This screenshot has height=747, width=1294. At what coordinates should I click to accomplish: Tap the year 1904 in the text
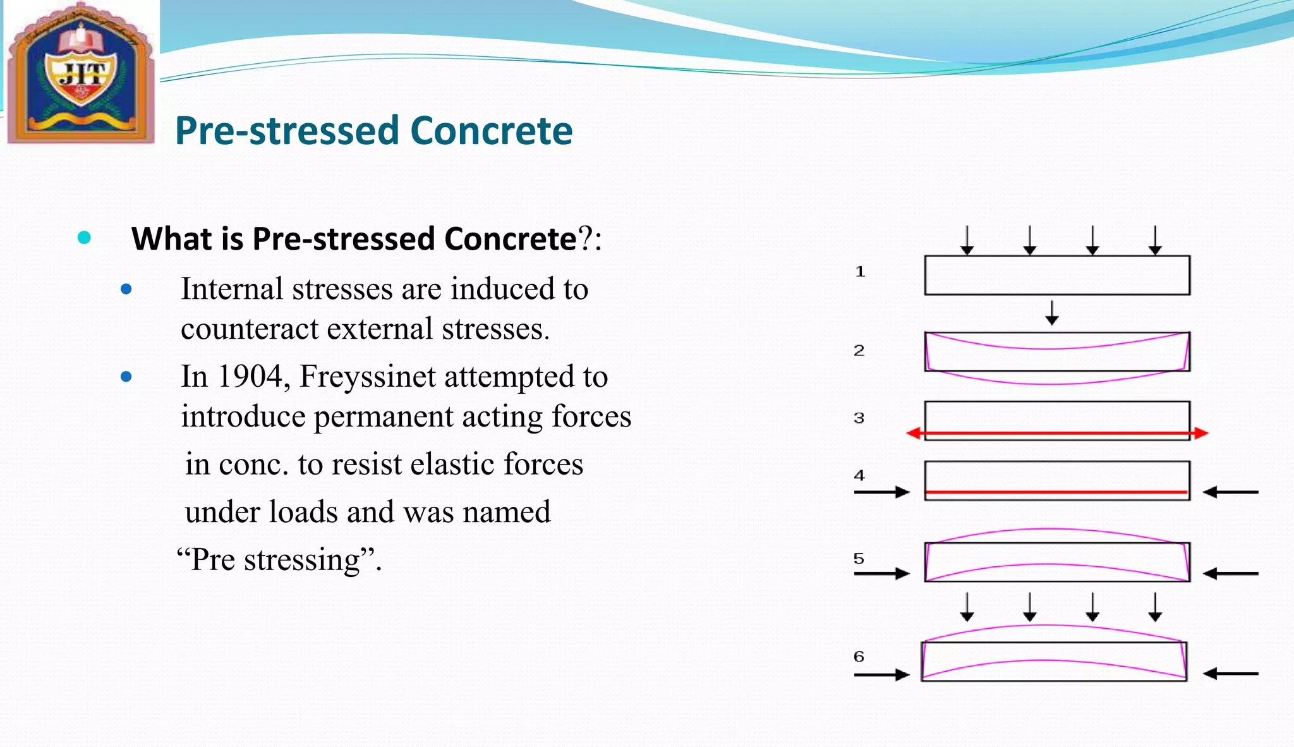pos(250,377)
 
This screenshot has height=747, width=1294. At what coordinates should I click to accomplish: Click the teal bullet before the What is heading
pos(84,238)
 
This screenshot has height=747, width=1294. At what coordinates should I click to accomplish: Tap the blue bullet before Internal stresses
pos(126,289)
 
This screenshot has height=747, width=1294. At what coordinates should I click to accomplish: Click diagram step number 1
pos(859,272)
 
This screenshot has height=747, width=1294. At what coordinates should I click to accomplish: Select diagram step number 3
pos(859,418)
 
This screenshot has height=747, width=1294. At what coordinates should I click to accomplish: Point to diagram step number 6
pos(859,657)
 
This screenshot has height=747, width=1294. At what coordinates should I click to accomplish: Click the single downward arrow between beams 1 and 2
pos(1051,313)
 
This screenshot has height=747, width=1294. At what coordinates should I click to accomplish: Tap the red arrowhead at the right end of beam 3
pos(1201,434)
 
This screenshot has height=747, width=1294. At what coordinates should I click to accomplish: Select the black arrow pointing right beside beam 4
pos(882,492)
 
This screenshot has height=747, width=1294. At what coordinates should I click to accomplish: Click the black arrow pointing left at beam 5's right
pos(1230,574)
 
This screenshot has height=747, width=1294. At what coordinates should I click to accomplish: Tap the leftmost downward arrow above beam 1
pos(967,241)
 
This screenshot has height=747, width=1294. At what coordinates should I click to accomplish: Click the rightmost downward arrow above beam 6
pos(1155,607)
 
